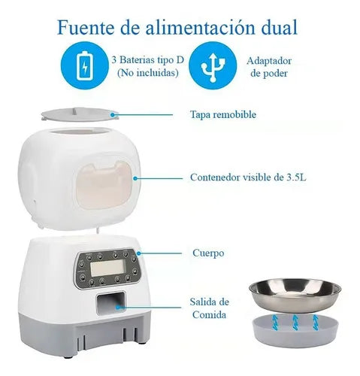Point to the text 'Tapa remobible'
[222, 115]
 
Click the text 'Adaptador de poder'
[269, 65]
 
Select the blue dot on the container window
[136, 179]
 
